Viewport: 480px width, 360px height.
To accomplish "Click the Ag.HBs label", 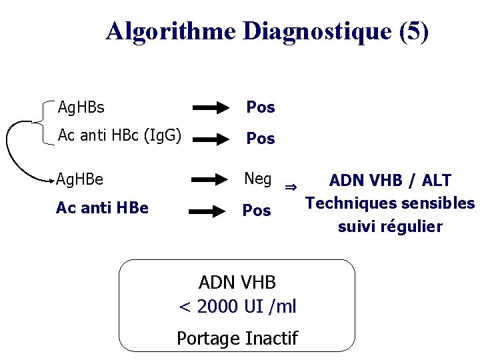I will pos(81,107).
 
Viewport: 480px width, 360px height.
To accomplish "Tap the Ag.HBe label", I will pos(79,179).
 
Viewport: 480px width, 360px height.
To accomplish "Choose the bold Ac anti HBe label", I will pos(102,208).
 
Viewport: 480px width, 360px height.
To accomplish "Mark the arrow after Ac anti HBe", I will pos(211,211).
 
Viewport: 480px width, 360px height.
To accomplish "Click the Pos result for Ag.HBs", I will pos(261,107).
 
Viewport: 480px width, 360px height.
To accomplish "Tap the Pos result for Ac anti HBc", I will pos(261,139).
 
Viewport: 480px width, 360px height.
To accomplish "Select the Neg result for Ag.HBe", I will pos(258,179).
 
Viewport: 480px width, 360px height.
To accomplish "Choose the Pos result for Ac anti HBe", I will pos(257,211).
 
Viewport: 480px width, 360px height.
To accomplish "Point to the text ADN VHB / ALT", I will pos(390,180).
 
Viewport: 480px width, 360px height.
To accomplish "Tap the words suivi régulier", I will pos(390,227).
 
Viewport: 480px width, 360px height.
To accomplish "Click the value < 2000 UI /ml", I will pos(238,307).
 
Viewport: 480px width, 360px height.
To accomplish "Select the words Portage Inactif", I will pos(237,339).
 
